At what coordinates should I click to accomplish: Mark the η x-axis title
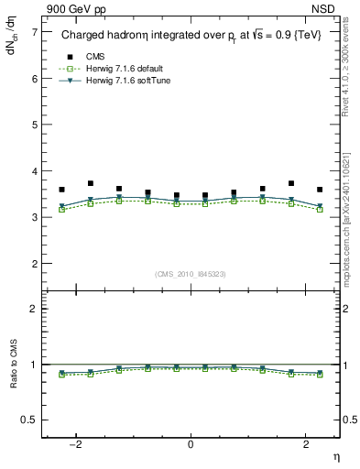tap(335, 457)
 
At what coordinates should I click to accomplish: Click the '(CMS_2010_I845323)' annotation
tap(190, 273)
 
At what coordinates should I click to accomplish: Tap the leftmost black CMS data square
tap(61, 190)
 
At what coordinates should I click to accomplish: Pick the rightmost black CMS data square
tap(319, 190)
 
